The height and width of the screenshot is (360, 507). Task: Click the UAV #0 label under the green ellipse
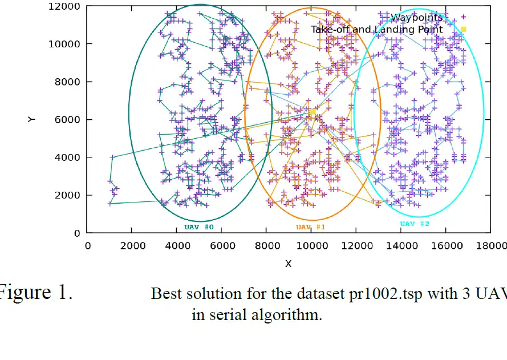pos(198,227)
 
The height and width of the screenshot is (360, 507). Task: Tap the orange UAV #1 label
pos(310,227)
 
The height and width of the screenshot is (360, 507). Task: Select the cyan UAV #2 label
pos(415,224)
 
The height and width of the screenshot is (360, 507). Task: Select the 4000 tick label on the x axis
pos(177,245)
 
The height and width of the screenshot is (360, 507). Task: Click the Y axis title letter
pos(31,119)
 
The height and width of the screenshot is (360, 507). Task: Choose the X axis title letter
pos(288,263)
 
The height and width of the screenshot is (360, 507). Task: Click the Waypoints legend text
pos(416,18)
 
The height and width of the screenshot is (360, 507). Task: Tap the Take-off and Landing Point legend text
pos(376,29)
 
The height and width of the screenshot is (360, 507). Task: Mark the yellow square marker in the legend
pos(464,29)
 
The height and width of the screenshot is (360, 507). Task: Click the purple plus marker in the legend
pos(464,17)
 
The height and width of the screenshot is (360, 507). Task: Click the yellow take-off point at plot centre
pos(313,112)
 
